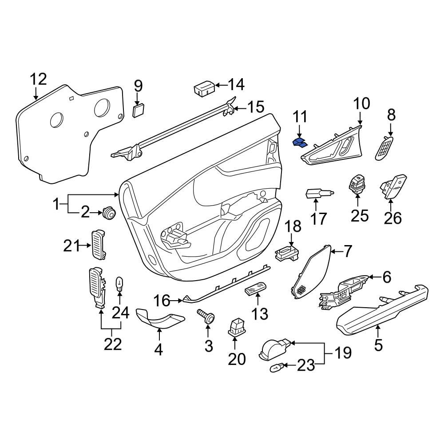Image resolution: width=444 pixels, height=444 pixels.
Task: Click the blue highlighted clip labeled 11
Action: (300, 143)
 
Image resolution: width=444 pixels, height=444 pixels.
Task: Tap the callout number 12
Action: (38, 79)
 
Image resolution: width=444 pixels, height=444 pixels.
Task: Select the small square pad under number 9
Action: (139, 110)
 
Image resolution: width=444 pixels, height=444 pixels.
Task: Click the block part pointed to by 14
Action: (204, 88)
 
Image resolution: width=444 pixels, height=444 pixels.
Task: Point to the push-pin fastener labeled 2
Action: (108, 213)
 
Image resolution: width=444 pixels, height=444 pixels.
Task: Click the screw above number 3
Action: (207, 317)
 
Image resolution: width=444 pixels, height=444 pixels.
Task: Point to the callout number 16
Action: (162, 301)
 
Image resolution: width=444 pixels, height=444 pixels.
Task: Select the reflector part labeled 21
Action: (99, 243)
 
